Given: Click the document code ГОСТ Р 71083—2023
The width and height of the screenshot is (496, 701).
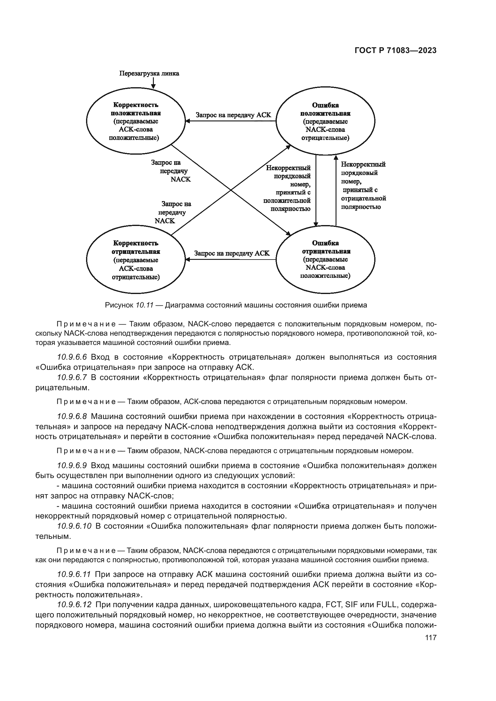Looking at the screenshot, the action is pyautogui.click(x=396, y=51).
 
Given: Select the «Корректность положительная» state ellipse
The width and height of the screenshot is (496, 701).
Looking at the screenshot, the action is pyautogui.click(x=136, y=121).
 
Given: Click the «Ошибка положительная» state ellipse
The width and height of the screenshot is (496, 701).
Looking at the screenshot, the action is pyautogui.click(x=326, y=121).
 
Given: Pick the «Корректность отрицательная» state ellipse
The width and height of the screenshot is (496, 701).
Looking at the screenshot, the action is pyautogui.click(x=136, y=260).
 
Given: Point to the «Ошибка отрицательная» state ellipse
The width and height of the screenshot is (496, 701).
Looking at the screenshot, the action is pyautogui.click(x=326, y=260).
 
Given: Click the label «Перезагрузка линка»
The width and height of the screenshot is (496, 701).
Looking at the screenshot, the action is pyautogui.click(x=149, y=74).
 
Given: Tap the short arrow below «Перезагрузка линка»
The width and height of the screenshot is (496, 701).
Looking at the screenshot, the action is pyautogui.click(x=153, y=83).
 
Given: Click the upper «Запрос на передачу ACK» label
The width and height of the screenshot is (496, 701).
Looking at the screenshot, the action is pyautogui.click(x=233, y=115).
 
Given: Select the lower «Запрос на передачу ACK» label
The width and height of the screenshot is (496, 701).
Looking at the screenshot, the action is pyautogui.click(x=232, y=253).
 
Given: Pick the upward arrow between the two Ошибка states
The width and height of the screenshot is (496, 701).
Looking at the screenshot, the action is pyautogui.click(x=336, y=190).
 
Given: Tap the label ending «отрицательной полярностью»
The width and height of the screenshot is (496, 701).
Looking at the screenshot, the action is pyautogui.click(x=363, y=186).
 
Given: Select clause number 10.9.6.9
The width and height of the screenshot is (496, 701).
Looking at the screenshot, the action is pyautogui.click(x=72, y=466).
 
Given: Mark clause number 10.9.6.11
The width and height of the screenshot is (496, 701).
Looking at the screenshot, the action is pyautogui.click(x=74, y=574).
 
